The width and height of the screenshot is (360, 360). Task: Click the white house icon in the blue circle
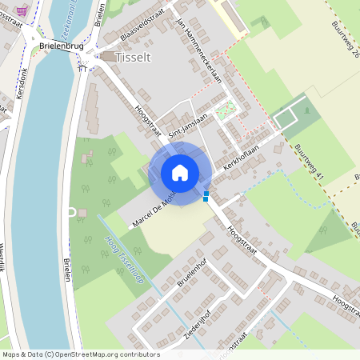tap(180, 173)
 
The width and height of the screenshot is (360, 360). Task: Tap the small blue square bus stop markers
tap(206, 196)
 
